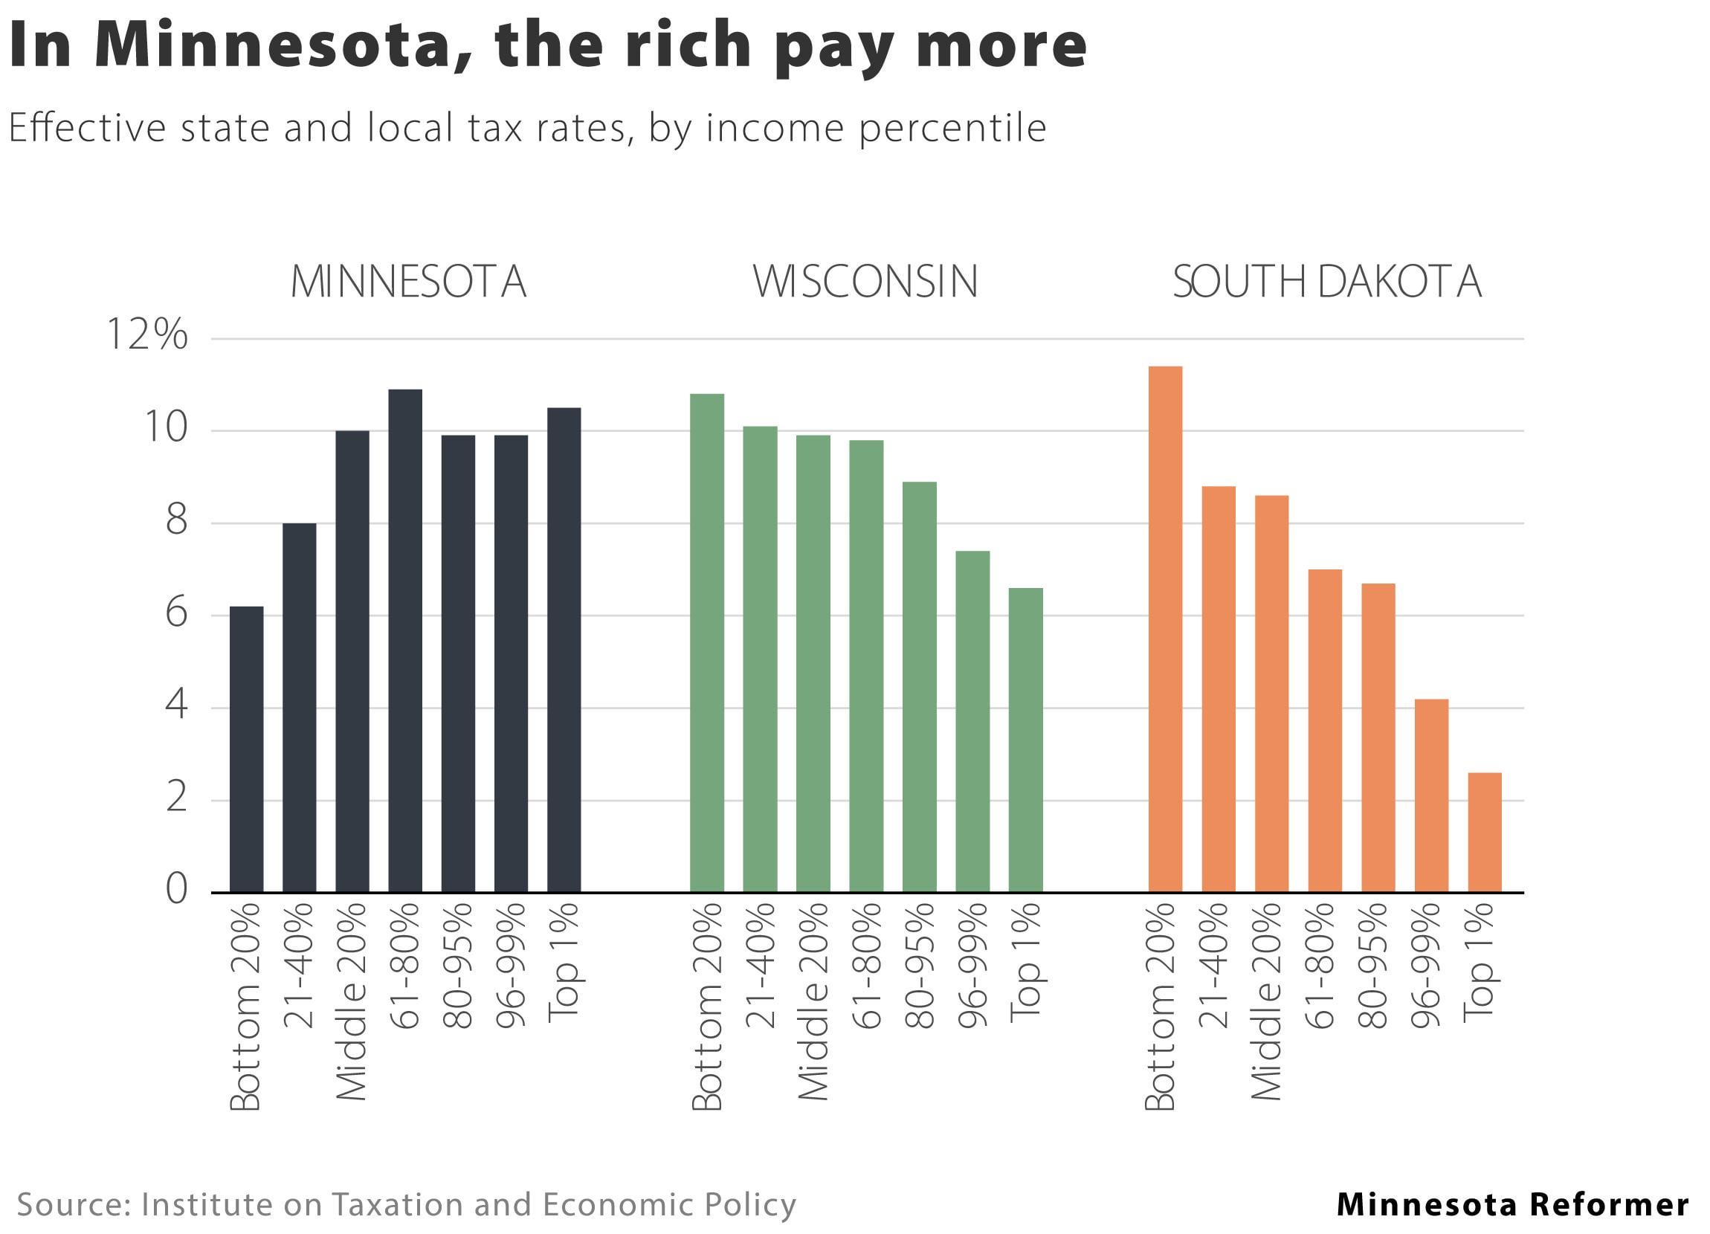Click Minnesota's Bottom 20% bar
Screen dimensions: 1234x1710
[x=247, y=749]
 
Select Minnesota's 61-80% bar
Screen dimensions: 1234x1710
[x=405, y=641]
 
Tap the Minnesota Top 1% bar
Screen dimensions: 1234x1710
[x=564, y=650]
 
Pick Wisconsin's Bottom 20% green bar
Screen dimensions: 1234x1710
[x=706, y=643]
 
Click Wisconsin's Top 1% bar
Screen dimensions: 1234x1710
[x=1025, y=740]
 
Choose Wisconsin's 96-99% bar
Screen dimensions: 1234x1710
[x=972, y=722]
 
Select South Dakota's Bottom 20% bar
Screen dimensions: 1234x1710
[x=1165, y=630]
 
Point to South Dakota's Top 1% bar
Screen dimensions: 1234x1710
[x=1485, y=833]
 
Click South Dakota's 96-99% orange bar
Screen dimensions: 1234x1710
[x=1431, y=796]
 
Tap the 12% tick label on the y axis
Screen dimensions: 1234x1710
[x=147, y=335]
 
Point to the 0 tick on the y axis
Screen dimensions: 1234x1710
[x=176, y=889]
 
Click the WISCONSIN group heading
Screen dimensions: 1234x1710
[x=865, y=282]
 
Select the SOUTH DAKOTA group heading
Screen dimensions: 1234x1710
[x=1327, y=282]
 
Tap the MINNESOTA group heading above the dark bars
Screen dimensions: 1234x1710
[x=408, y=282]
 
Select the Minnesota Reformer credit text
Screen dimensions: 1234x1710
[x=1512, y=1204]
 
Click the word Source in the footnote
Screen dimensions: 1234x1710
[x=72, y=1204]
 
